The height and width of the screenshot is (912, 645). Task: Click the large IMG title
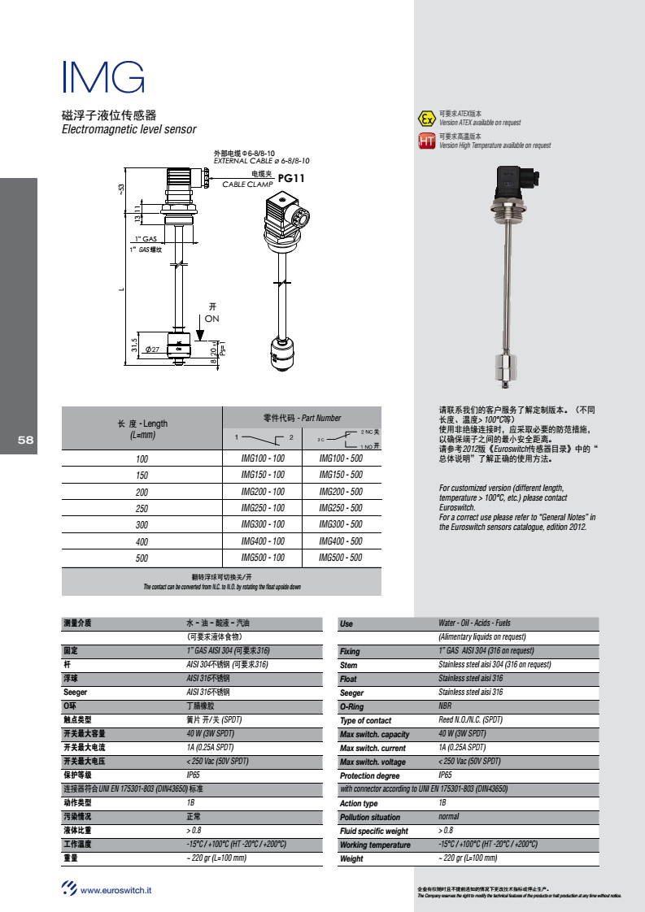point(103,77)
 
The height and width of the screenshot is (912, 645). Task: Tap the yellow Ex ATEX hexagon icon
point(426,119)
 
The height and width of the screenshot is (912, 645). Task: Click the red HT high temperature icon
point(426,141)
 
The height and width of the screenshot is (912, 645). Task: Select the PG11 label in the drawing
point(290,178)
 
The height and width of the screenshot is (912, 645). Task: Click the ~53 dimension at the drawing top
point(122,189)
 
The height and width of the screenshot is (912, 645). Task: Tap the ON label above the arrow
point(211,319)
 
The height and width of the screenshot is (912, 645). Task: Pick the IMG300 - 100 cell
point(263,524)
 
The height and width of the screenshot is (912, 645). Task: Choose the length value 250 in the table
point(142,508)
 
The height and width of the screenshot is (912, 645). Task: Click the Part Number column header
point(302,418)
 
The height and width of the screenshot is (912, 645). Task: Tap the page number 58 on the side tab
point(25,440)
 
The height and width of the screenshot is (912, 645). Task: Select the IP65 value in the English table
point(445,775)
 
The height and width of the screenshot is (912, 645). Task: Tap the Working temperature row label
point(375,845)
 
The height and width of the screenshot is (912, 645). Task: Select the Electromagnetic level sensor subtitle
point(129,129)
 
